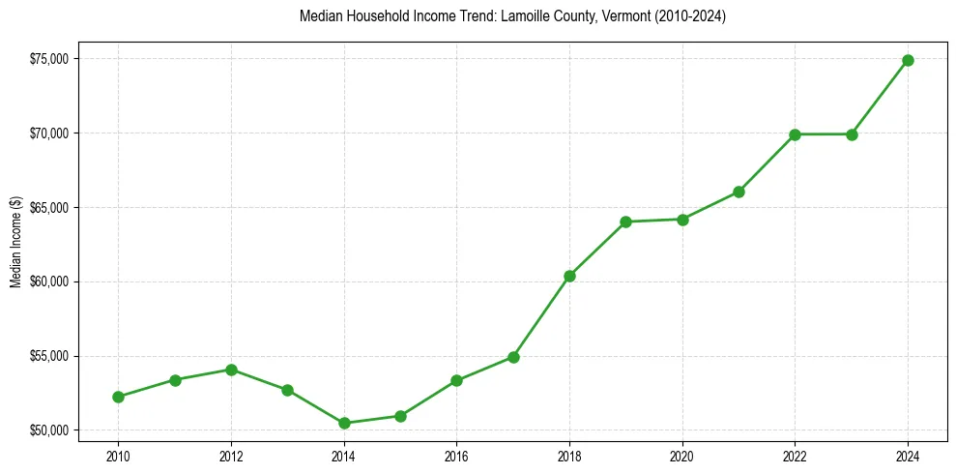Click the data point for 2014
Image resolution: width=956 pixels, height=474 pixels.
(x=344, y=423)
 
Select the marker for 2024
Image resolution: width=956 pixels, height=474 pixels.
(x=909, y=60)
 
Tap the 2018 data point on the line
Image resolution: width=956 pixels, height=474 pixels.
(x=569, y=276)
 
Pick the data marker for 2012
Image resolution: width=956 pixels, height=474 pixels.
(x=231, y=370)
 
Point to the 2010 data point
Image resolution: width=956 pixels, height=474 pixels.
(x=118, y=397)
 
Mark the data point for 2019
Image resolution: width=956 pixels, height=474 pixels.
(x=626, y=222)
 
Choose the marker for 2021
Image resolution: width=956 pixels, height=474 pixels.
(x=739, y=192)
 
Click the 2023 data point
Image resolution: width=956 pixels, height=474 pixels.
(x=852, y=134)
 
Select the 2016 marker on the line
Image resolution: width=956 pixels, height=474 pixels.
(x=456, y=380)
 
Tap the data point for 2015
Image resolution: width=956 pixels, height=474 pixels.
(x=400, y=416)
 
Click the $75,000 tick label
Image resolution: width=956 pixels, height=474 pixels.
(x=48, y=59)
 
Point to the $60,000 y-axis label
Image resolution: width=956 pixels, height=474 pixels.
(x=48, y=281)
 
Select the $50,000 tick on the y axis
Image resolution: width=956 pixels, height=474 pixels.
(x=48, y=430)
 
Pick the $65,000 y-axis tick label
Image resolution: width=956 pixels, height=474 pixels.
(x=48, y=207)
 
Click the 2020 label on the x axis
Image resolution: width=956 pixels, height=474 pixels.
(x=682, y=456)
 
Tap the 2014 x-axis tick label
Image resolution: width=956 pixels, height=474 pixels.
(x=344, y=456)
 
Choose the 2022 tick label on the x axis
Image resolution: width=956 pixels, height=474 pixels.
(x=796, y=456)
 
